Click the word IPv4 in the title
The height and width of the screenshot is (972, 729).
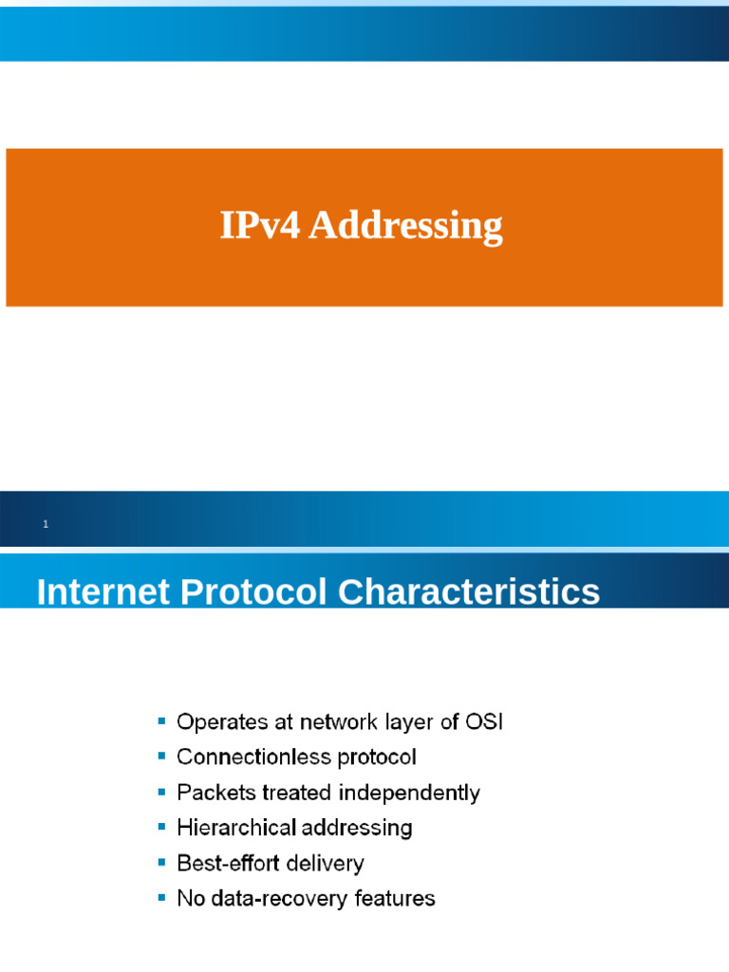click(x=260, y=226)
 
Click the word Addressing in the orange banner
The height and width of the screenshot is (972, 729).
click(x=405, y=228)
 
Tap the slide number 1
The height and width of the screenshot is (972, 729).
click(x=45, y=524)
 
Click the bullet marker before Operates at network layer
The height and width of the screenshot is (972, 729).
click(x=161, y=722)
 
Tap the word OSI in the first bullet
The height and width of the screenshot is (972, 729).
click(x=484, y=722)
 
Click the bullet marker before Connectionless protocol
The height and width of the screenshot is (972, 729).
click(x=161, y=757)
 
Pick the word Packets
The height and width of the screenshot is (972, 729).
click(x=212, y=793)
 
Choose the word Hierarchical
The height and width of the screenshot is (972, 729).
click(x=236, y=828)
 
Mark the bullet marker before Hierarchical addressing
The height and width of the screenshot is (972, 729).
click(x=161, y=828)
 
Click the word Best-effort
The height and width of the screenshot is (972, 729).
click(x=229, y=863)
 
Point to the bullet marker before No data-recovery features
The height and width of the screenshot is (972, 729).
click(x=161, y=898)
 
